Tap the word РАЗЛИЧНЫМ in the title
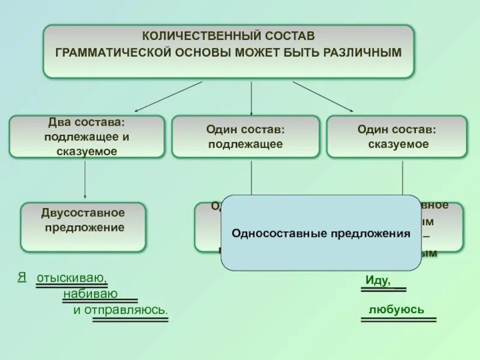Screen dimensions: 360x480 pyautogui.click(x=362, y=52)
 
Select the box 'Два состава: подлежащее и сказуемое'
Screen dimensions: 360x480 pyautogui.click(x=86, y=136)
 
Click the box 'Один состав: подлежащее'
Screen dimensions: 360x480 pyautogui.click(x=245, y=136)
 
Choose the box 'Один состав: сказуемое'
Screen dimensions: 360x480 pyautogui.click(x=396, y=136)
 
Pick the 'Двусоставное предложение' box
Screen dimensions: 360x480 pyautogui.click(x=83, y=226)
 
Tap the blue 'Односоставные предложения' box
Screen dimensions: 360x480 pyautogui.click(x=321, y=233)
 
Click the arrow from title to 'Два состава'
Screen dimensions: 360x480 pyautogui.click(x=168, y=97)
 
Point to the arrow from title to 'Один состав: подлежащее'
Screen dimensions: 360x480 pyautogui.click(x=251, y=98)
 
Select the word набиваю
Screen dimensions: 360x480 pyautogui.click(x=89, y=293)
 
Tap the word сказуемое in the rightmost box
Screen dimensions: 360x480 pyautogui.click(x=398, y=144)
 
